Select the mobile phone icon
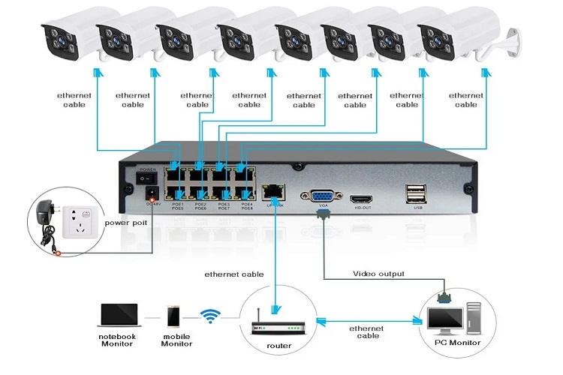(173, 315)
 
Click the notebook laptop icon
(119, 315)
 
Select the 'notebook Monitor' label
(119, 341)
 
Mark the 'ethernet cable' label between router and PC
(366, 332)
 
